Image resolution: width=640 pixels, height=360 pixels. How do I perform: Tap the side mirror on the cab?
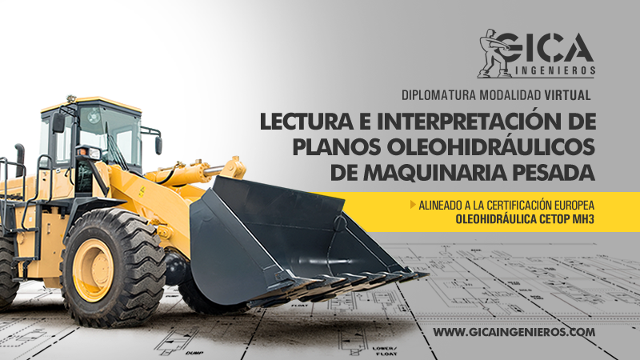point(58,122)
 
